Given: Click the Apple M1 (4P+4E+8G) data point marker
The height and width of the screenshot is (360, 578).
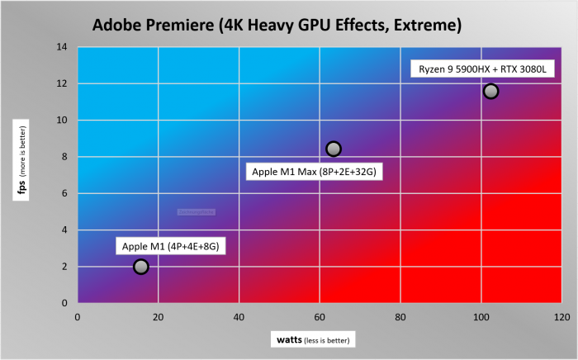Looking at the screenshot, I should [x=140, y=266].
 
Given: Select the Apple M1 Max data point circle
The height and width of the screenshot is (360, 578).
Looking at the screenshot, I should [x=334, y=149].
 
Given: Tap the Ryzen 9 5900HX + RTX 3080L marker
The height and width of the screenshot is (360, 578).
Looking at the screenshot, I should [x=490, y=91].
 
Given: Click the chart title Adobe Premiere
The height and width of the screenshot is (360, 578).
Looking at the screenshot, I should [x=277, y=26].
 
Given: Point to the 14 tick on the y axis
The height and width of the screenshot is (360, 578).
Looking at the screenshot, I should [x=61, y=47].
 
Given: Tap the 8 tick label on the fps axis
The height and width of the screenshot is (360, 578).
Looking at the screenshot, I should [x=64, y=157].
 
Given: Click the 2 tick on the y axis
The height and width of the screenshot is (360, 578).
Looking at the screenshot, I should [x=64, y=267].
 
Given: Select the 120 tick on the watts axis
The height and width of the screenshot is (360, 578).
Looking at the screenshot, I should [x=562, y=316].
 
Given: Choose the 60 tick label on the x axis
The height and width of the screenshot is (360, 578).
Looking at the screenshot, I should [x=320, y=316].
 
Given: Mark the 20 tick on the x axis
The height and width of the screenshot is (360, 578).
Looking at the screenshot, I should [x=158, y=316].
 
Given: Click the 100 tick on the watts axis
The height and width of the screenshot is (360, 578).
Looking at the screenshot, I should [x=481, y=316].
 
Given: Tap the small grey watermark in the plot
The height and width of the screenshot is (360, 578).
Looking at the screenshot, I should [x=197, y=212].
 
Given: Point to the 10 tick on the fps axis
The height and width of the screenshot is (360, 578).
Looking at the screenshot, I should [x=61, y=121].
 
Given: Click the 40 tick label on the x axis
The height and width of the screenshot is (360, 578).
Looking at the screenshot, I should [x=239, y=316].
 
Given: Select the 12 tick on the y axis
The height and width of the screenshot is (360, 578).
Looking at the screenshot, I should [x=61, y=83].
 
